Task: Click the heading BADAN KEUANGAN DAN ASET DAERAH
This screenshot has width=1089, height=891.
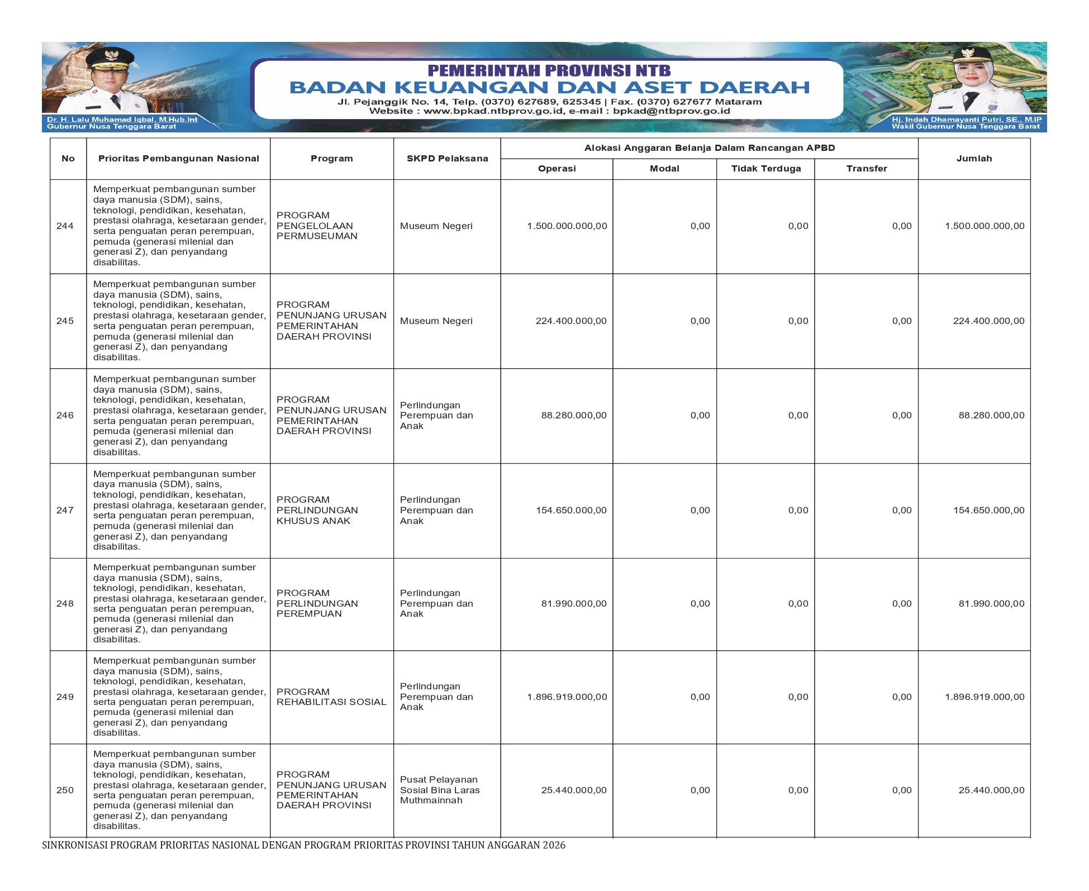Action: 549,87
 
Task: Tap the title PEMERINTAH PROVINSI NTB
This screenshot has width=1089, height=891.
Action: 549,70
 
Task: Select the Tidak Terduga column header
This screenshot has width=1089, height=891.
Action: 765,169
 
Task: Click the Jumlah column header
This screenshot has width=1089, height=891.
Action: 974,159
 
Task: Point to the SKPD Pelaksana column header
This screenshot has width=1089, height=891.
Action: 447,159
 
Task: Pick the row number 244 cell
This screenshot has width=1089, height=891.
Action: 65,226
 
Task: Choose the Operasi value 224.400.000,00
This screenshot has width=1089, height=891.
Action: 571,321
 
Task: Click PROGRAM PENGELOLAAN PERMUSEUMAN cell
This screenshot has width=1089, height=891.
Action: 316,226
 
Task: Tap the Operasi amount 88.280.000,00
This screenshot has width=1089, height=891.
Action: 574,416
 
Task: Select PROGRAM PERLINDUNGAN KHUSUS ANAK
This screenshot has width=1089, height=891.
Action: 316,511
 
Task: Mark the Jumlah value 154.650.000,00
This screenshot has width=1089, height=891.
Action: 988,511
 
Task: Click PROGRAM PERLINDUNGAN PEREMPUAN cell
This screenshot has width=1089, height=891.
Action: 316,604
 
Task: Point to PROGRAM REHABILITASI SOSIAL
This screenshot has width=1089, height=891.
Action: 331,697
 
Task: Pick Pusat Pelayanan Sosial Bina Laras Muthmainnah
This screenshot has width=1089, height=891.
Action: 439,790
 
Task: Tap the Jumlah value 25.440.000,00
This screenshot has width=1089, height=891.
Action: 991,790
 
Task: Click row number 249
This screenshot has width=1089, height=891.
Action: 65,697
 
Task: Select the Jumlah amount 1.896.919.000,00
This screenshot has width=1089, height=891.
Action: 985,697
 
